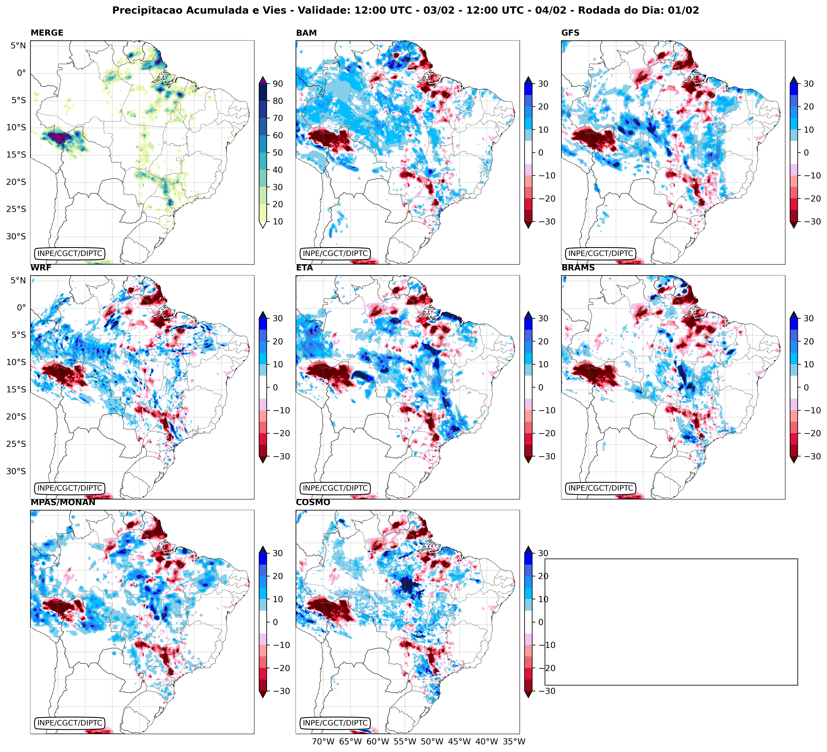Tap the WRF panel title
click(x=41, y=268)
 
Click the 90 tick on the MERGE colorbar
click(x=278, y=84)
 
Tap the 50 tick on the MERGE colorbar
click(x=278, y=152)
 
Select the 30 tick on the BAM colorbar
click(x=543, y=84)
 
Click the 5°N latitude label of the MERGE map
click(x=18, y=46)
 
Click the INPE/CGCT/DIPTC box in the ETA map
click(x=335, y=488)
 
